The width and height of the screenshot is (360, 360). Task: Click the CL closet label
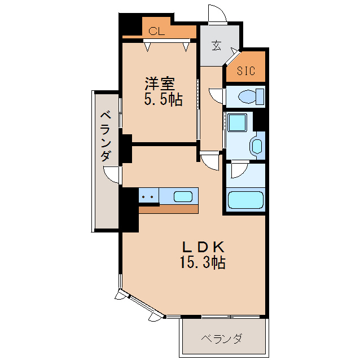[x=157, y=32]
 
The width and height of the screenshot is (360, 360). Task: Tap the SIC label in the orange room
[x=246, y=71]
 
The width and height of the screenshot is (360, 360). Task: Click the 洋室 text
[x=160, y=84]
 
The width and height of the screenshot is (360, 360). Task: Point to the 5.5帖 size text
[x=163, y=100]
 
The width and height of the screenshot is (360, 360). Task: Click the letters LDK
[x=203, y=247]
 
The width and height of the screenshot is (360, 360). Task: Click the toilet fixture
[x=248, y=96]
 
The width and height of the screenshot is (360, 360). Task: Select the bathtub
[x=245, y=200]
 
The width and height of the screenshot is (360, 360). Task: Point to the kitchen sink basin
[x=182, y=196]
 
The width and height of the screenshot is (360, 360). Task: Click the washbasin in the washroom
[x=256, y=146]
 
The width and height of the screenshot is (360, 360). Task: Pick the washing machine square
[x=236, y=123]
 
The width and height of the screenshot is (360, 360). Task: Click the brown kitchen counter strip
[x=169, y=208]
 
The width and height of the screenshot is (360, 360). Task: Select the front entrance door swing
[x=218, y=14]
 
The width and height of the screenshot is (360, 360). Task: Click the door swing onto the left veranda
[x=115, y=175]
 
